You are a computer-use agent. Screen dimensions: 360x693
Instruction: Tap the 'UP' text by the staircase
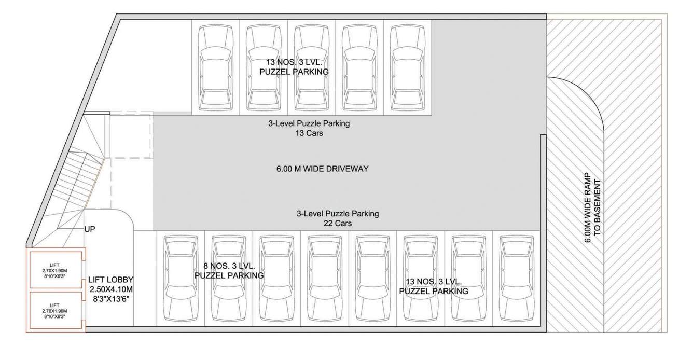click(x=90, y=228)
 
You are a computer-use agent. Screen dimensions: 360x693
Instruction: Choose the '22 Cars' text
click(x=337, y=224)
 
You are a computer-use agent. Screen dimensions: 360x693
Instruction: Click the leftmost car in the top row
click(x=216, y=66)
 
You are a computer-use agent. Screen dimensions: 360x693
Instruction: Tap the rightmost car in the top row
click(x=407, y=66)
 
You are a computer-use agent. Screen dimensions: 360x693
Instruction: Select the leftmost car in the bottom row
click(x=181, y=280)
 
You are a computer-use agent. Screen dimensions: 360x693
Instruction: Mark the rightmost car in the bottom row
click(x=516, y=280)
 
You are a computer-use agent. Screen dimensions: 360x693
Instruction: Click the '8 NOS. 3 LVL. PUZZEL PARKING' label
click(x=229, y=271)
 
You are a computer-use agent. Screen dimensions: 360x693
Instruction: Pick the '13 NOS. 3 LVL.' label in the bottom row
click(x=434, y=282)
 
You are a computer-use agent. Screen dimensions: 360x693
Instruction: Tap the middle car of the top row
click(x=312, y=66)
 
